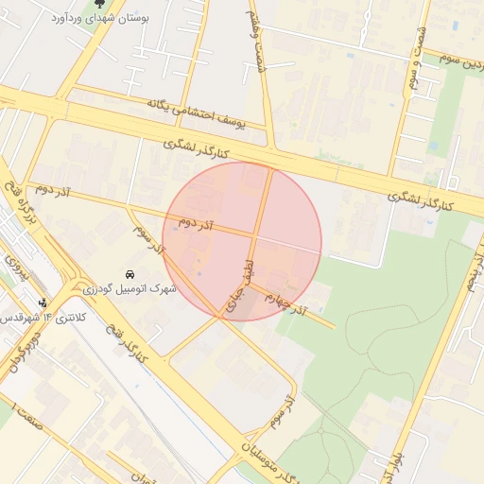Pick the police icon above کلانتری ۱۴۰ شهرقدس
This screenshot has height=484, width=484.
43,303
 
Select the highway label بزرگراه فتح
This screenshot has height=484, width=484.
21,202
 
